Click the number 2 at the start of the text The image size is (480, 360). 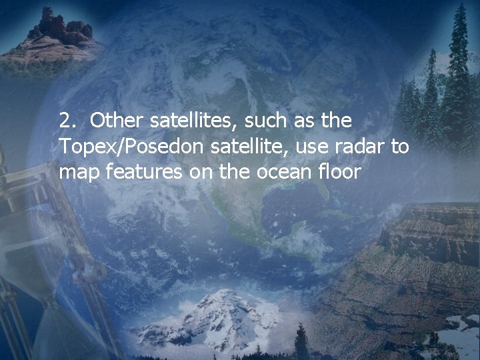coord(65,121)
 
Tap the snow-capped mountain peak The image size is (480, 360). coord(213,313)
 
